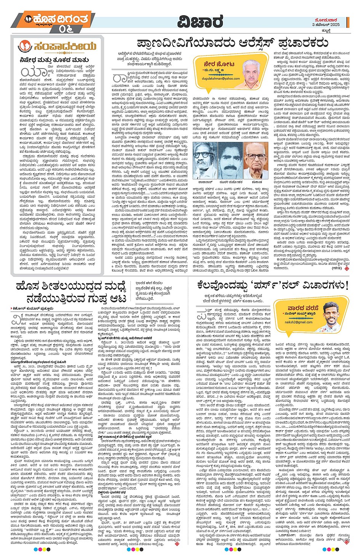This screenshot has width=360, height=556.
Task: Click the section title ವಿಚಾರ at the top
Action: click(x=200, y=22)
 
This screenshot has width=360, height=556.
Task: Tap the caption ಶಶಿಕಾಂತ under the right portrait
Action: click(x=257, y=182)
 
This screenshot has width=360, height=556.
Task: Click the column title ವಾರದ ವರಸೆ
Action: click(x=301, y=308)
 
